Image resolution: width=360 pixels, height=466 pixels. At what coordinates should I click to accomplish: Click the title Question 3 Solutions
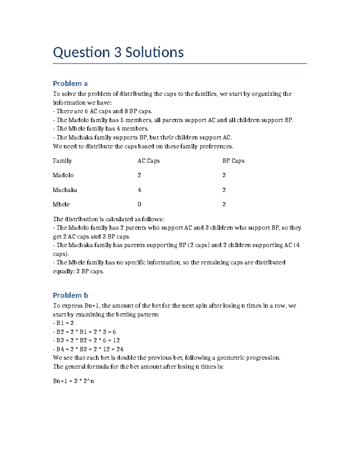[118, 52]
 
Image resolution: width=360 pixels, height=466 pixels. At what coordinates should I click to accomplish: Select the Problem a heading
[70, 83]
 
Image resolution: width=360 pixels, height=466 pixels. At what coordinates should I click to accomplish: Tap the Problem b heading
[70, 295]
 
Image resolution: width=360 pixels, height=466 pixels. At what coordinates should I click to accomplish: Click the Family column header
[62, 161]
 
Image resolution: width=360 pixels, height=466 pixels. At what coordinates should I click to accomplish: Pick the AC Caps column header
[148, 161]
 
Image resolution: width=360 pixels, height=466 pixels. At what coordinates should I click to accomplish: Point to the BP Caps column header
[233, 161]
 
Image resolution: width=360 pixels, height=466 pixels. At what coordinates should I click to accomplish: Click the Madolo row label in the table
[63, 175]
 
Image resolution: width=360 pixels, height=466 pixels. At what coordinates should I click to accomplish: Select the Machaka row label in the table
[65, 190]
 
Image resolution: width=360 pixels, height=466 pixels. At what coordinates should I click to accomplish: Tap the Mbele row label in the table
[61, 204]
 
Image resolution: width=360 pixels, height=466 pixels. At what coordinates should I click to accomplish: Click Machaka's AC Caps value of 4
[139, 190]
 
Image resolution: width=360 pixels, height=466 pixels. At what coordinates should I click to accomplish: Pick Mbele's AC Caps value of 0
[139, 204]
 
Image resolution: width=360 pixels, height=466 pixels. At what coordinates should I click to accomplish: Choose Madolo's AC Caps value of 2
[139, 175]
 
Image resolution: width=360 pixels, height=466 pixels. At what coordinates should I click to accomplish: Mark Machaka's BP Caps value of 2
[224, 190]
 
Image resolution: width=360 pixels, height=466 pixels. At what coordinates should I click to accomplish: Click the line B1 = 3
[63, 323]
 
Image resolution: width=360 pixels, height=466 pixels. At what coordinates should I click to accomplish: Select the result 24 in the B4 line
[120, 349]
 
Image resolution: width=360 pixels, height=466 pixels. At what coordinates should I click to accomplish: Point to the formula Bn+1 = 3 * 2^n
[73, 381]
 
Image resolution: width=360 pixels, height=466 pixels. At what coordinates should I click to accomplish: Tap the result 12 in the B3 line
[116, 341]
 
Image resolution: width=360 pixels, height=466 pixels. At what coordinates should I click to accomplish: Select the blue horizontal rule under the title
[180, 64]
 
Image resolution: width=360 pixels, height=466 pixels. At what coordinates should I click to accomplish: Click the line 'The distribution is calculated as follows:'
[108, 219]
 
